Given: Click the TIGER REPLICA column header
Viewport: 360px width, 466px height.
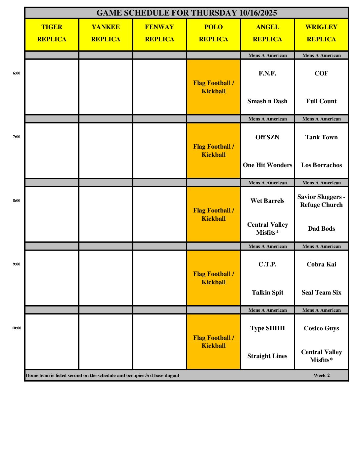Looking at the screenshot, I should (x=52, y=33).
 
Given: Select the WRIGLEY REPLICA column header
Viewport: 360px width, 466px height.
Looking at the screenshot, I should (x=321, y=33).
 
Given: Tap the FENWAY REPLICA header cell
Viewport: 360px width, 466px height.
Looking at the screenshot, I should (x=159, y=33).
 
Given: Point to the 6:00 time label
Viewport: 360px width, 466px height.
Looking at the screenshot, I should (x=17, y=73).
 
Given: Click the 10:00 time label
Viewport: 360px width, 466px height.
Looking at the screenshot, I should (x=17, y=328).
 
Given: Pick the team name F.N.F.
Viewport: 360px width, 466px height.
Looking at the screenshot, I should (x=267, y=73).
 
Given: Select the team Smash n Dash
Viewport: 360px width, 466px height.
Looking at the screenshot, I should (x=267, y=101).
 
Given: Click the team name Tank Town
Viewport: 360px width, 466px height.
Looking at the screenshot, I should (x=321, y=137).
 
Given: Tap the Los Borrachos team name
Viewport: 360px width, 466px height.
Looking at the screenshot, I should (x=321, y=165).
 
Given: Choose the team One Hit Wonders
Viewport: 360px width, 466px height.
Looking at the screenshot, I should (x=267, y=165).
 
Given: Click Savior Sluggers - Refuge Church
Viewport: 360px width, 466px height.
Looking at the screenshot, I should (x=321, y=201).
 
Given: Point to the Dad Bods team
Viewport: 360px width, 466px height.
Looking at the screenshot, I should (x=321, y=229).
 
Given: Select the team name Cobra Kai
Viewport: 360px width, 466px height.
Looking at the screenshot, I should (x=321, y=264).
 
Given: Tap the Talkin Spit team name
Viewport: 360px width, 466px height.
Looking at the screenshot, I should (x=267, y=293).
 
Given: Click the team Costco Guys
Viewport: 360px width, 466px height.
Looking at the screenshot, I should (x=321, y=328).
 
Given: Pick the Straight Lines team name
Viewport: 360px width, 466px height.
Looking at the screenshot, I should (x=267, y=356).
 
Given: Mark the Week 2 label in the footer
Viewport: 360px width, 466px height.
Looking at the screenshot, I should (x=322, y=375).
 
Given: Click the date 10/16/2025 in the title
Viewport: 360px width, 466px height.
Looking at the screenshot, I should (x=258, y=13).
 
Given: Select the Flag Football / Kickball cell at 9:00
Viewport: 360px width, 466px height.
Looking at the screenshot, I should (x=213, y=278).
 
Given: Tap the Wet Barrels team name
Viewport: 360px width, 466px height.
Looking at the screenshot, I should (x=267, y=201).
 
